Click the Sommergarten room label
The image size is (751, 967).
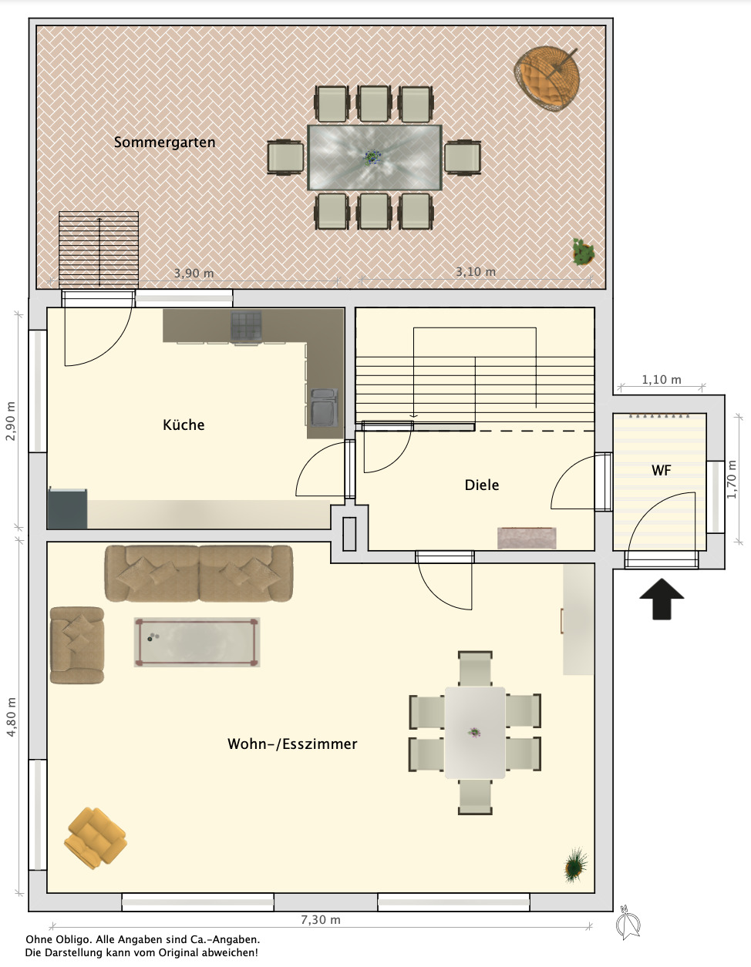165,143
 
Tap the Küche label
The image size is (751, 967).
184,425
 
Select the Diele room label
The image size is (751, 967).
482,485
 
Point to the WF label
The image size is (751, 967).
661,470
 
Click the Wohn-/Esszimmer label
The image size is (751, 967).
292,744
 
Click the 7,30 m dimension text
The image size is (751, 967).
321,920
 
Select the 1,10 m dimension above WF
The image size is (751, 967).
661,380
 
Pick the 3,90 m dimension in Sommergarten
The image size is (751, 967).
194,273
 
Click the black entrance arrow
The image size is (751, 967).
662,599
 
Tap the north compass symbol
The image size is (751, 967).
628,922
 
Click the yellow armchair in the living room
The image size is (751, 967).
96,838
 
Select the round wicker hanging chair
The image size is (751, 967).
547,79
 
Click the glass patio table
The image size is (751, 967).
375,157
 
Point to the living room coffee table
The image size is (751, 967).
197,642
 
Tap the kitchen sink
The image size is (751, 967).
324,407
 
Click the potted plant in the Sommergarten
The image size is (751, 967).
583,252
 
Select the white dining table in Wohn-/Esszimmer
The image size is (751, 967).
475,733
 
